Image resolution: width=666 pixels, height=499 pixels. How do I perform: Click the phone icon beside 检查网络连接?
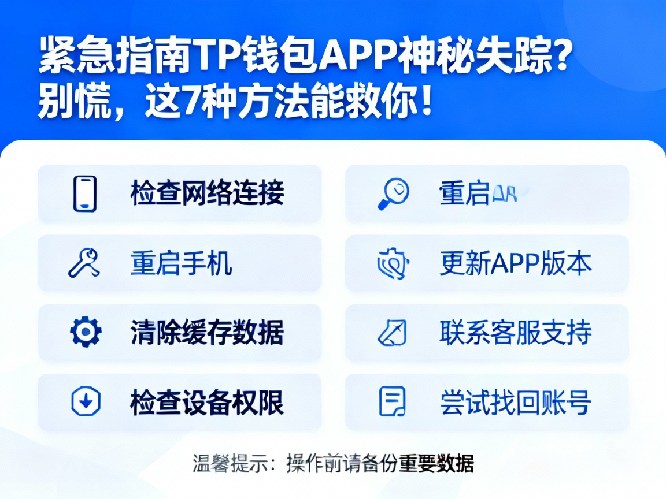tap(85, 193)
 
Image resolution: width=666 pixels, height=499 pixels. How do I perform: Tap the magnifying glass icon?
tap(394, 193)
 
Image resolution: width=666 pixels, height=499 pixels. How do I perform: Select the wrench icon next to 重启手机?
tap(84, 263)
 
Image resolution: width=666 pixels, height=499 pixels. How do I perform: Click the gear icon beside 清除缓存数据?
tap(86, 332)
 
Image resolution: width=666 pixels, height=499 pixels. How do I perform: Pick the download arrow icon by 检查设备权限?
tap(86, 401)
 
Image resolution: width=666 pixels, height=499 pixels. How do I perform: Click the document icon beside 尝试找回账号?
tap(392, 401)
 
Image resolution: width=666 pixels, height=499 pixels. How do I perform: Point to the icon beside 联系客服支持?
tap(392, 333)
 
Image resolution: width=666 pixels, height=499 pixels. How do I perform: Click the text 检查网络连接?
tap(207, 193)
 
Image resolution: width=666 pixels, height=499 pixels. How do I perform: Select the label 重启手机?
tap(181, 263)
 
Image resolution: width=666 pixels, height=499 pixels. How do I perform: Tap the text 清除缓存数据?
tap(207, 333)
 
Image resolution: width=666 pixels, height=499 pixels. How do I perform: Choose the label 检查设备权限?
tap(207, 402)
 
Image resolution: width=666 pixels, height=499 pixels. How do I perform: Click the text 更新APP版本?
tap(516, 263)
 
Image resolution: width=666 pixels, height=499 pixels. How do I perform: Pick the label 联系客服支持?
tap(516, 333)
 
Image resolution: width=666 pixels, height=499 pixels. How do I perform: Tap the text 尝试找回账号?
tap(516, 402)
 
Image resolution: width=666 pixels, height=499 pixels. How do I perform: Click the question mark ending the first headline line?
tap(559, 58)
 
